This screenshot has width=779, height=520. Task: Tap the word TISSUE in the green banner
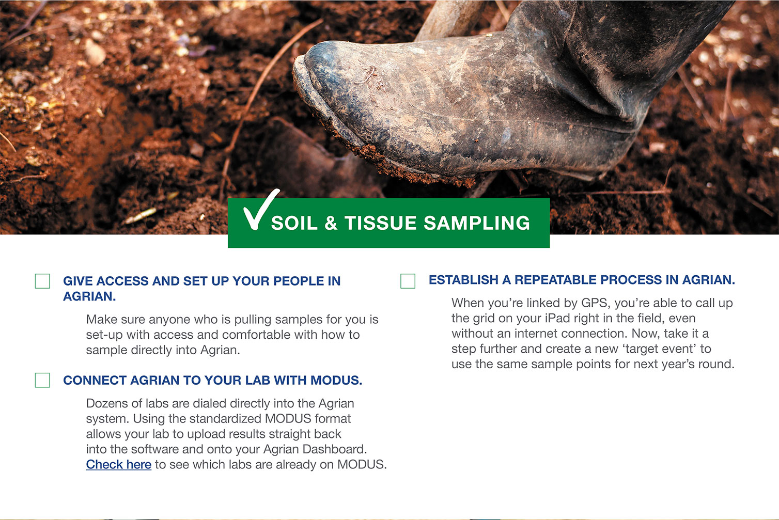pyautogui.click(x=380, y=223)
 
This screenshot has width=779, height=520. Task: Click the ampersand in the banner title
pyautogui.click(x=331, y=223)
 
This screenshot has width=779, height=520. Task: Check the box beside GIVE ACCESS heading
pyautogui.click(x=42, y=281)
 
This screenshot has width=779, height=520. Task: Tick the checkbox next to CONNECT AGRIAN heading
pyautogui.click(x=42, y=380)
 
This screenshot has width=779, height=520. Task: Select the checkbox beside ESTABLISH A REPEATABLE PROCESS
pyautogui.click(x=408, y=281)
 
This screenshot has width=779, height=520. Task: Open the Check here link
pyautogui.click(x=119, y=464)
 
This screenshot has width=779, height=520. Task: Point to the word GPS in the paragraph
pyautogui.click(x=595, y=303)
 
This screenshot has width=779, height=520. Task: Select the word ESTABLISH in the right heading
pyautogui.click(x=465, y=280)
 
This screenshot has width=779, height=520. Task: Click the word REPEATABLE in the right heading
pyautogui.click(x=555, y=280)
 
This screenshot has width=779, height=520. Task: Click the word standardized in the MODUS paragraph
pyautogui.click(x=225, y=419)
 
